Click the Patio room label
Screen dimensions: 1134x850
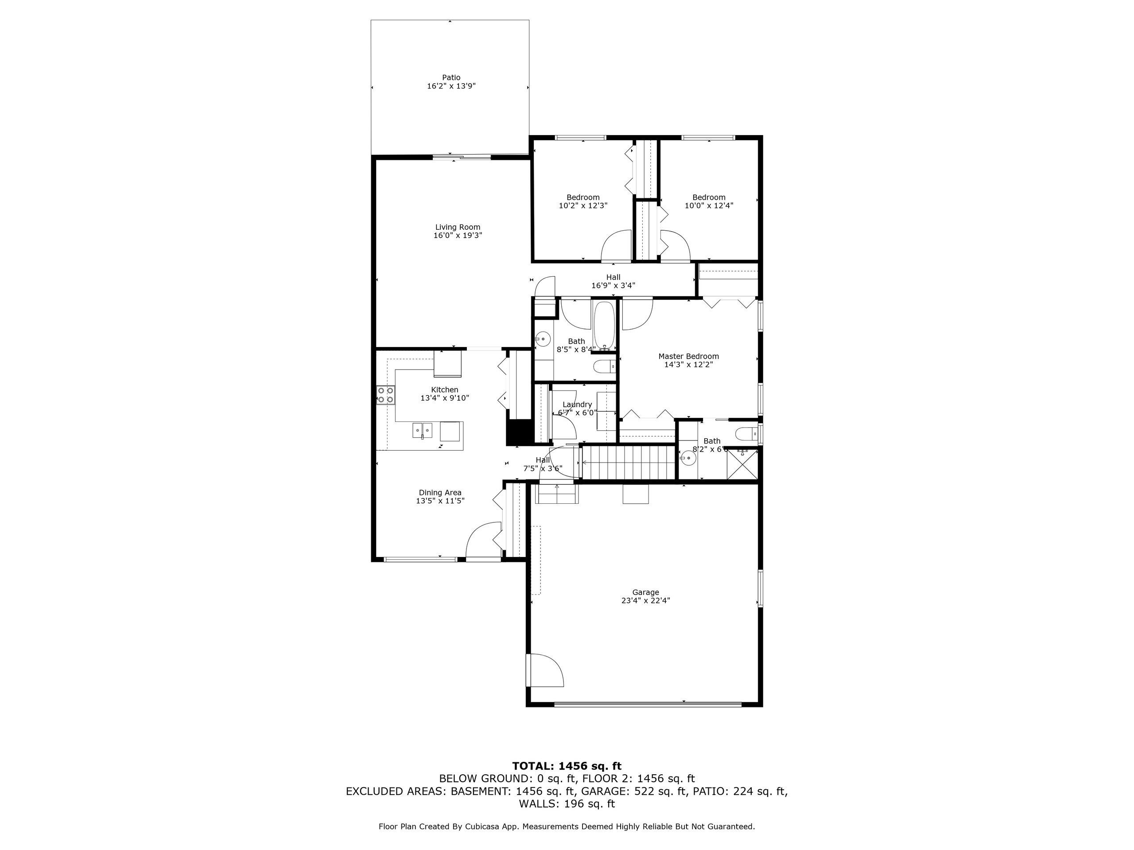tap(451, 78)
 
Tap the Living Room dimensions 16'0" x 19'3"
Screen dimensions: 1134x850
tap(458, 236)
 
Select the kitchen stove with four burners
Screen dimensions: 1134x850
tap(386, 395)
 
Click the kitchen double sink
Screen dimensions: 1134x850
tap(423, 430)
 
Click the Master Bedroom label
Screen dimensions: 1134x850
tap(688, 356)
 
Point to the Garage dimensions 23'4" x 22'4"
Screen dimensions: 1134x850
tap(645, 600)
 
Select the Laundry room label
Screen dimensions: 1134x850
tap(577, 404)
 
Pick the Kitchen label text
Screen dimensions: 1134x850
tap(444, 390)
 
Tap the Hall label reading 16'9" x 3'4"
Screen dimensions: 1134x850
tap(613, 281)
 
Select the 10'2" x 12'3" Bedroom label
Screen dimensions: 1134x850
tap(583, 201)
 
